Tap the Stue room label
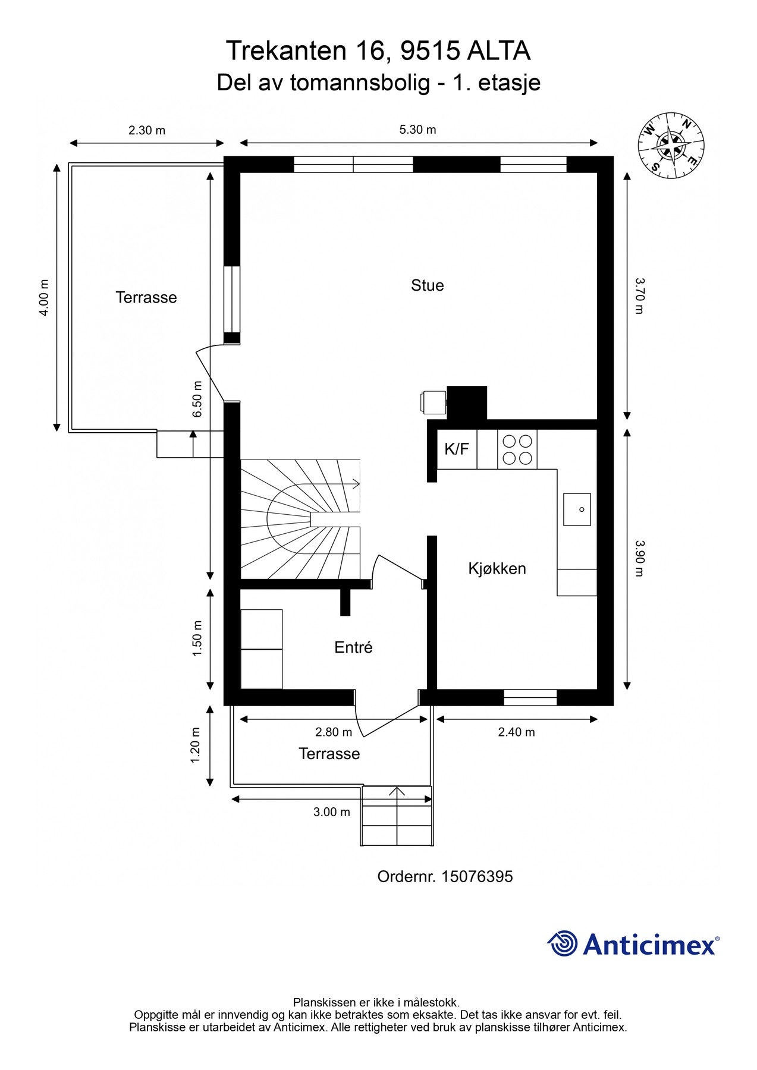tap(428, 285)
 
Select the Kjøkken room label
tap(497, 569)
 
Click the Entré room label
tap(353, 647)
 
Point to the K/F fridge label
tap(457, 449)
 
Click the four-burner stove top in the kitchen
tap(517, 449)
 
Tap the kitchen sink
tap(577, 509)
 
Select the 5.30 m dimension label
tap(417, 130)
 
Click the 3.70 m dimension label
tap(639, 296)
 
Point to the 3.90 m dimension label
tap(639, 558)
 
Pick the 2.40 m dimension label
tap(516, 732)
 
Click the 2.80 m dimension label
tap(334, 732)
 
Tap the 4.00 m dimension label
tap(44, 297)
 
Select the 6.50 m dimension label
tap(197, 399)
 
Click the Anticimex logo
tap(633, 944)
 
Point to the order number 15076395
tap(477, 877)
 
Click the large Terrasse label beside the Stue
tap(146, 297)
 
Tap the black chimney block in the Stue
tap(467, 403)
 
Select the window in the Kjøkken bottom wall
tap(530, 697)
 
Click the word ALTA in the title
tap(498, 51)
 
